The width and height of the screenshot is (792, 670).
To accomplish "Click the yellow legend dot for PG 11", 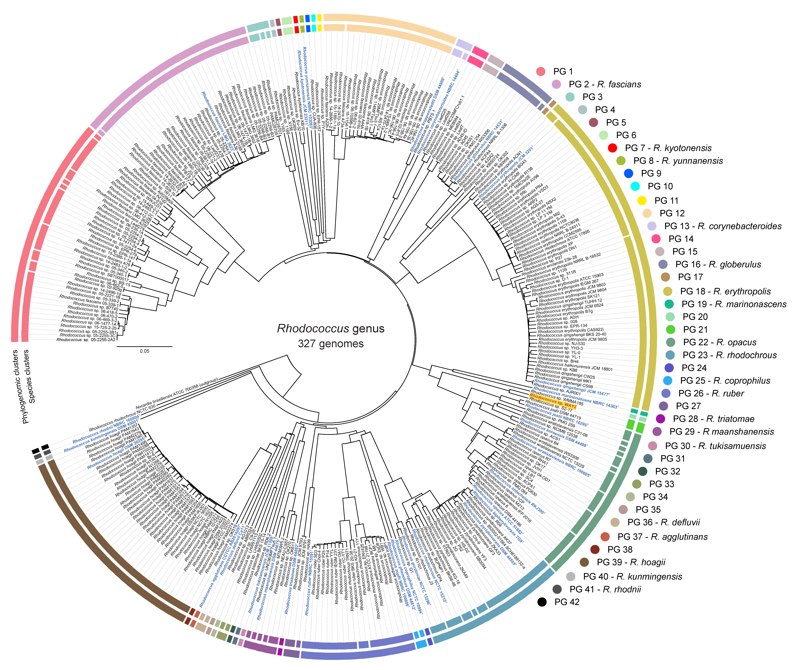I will (642, 200).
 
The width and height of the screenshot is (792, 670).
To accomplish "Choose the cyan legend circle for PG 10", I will (635, 186).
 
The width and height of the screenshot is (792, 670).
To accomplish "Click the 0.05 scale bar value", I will (144, 351).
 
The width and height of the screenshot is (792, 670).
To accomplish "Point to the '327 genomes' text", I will (331, 344).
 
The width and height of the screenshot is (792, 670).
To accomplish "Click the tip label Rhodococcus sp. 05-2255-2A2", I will (86, 340).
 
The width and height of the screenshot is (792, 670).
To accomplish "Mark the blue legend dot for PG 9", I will (629, 173).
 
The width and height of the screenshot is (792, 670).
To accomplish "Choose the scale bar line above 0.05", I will (144, 346).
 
